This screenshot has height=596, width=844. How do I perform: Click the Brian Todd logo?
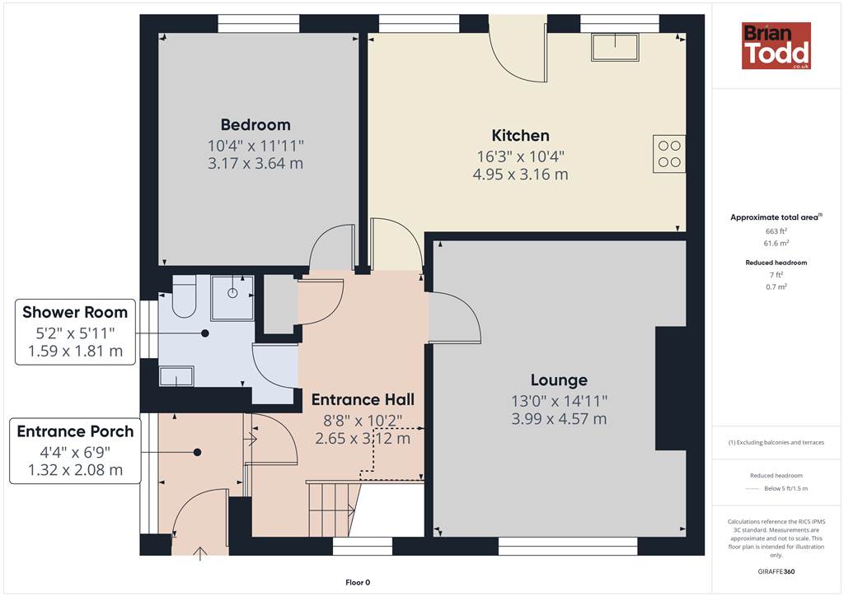tap(776, 45)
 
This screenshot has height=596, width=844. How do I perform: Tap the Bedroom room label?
tap(256, 124)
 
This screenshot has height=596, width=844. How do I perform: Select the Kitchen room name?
tap(521, 136)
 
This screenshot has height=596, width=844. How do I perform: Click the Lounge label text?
tap(559, 380)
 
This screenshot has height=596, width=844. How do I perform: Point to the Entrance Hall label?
tap(363, 399)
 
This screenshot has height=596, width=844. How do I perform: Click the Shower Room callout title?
tap(75, 312)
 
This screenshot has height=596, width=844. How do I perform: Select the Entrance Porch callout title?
tap(75, 431)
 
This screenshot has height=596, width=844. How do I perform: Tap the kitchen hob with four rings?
tap(669, 154)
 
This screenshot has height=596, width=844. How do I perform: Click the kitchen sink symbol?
tap(615, 47)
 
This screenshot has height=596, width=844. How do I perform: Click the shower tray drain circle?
tap(232, 293)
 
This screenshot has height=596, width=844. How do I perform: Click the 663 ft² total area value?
tap(776, 231)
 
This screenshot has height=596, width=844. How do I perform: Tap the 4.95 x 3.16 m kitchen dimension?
tap(521, 175)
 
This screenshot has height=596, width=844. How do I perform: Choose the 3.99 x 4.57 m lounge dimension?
tap(559, 419)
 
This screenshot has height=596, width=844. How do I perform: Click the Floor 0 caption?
tap(358, 582)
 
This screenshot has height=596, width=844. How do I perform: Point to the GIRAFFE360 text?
tap(776, 571)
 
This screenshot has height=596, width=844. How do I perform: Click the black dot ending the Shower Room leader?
tap(205, 333)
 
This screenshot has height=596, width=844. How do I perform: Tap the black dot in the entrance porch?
tap(198, 453)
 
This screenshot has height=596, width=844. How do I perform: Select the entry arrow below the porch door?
tap(200, 553)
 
